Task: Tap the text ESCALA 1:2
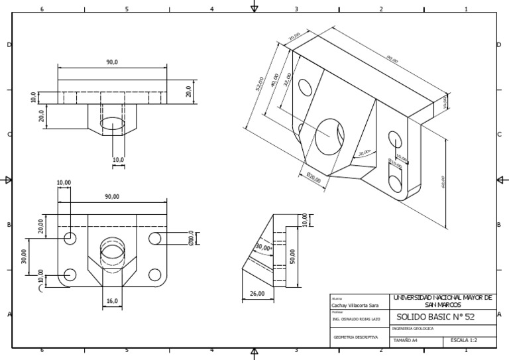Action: pyautogui.click(x=465, y=341)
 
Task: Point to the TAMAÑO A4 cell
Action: pyautogui.click(x=406, y=341)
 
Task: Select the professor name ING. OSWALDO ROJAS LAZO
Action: pyautogui.click(x=357, y=319)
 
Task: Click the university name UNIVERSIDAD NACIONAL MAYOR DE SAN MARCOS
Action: pyautogui.click(x=443, y=300)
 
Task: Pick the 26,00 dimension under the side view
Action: pyautogui.click(x=256, y=294)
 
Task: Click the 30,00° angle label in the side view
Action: pyautogui.click(x=263, y=247)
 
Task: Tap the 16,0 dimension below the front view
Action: pyautogui.click(x=112, y=301)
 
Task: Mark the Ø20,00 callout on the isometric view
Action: pyautogui.click(x=313, y=177)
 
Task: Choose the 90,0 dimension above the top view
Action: pyautogui.click(x=112, y=62)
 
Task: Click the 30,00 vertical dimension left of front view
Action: pyautogui.click(x=25, y=256)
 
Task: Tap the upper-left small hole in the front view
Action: pyautogui.click(x=70, y=238)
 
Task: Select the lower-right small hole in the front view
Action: pyautogui.click(x=155, y=274)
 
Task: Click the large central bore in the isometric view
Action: pyautogui.click(x=329, y=136)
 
